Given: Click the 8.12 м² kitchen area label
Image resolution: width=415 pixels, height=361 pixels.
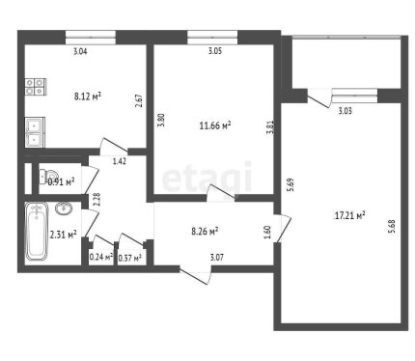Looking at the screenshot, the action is tap(88, 96).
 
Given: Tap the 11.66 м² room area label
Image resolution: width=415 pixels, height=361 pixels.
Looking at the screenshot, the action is tap(215, 125).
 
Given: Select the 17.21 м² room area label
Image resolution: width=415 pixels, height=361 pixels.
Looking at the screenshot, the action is tap(349, 215).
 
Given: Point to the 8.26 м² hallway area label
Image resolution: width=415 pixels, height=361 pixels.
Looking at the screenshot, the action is tap(205, 231).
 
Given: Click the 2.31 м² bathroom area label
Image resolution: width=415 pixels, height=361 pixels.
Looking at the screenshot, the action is tap(63, 235).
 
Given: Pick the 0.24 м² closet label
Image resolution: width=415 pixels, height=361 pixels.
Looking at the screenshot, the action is tap(101, 257).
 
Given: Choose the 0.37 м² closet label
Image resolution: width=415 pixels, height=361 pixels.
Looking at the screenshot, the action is tap(130, 258).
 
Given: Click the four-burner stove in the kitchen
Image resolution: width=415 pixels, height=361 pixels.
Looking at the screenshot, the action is tap(36, 87).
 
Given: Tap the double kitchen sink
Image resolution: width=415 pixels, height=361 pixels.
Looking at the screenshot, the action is tap(35, 132).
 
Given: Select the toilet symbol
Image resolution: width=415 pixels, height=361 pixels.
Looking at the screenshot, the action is tap(45, 177).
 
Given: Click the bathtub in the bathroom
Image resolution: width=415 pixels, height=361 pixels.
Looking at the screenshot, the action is tap(37, 232).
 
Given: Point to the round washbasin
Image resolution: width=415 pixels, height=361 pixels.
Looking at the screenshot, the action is tap(64, 208).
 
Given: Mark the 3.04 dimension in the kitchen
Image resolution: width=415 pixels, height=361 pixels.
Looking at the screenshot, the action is tap(80, 51).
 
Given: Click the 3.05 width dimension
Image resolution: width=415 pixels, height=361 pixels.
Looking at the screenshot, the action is tap(215, 51).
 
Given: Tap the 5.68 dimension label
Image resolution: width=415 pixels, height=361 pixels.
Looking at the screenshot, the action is tap(391, 226).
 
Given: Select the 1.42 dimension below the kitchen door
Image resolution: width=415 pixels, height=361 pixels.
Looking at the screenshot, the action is tap(120, 161).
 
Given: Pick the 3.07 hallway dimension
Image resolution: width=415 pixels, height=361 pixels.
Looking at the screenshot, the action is tap(217, 258).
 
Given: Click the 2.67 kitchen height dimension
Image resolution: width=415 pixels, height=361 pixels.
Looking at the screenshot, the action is tap(139, 100).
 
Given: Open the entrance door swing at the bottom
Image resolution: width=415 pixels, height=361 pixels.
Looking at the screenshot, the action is tap(196, 276).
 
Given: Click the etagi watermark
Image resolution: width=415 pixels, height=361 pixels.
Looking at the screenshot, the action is tap(207, 178).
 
